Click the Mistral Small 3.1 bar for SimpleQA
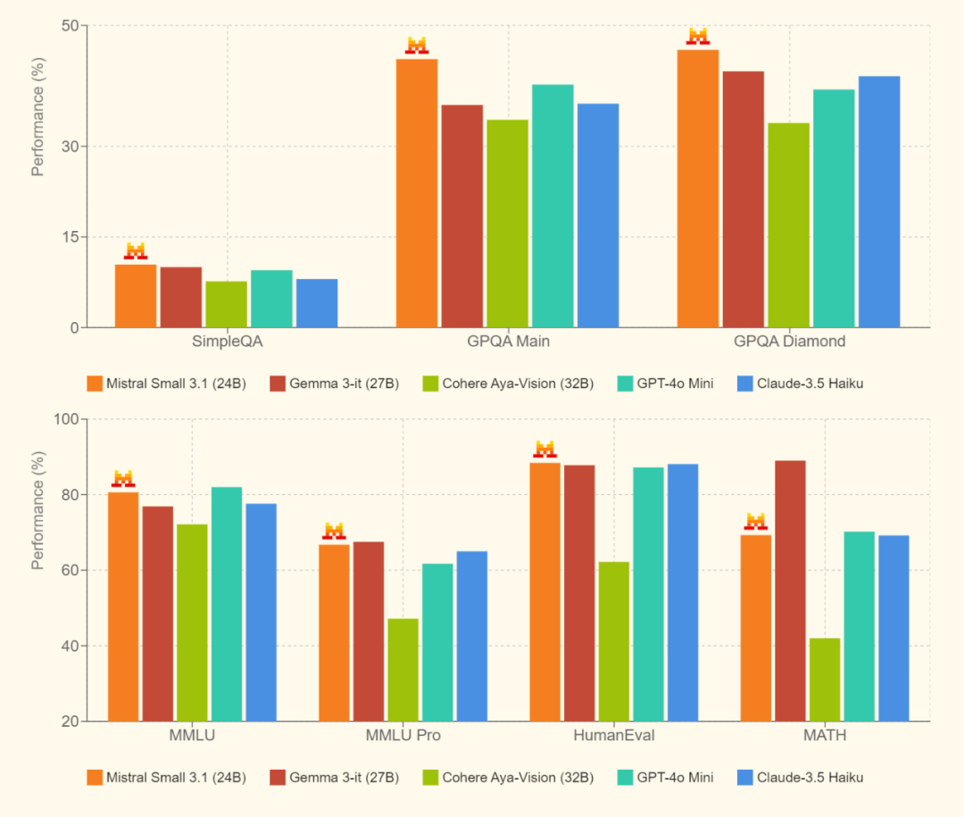136,295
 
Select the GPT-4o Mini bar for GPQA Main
553,205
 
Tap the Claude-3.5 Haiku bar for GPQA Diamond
879,201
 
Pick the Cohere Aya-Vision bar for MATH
825,680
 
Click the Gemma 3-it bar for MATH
790,590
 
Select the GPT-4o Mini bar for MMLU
227,604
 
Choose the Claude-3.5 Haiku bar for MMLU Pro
471,636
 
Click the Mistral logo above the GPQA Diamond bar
697,37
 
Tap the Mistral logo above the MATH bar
756,521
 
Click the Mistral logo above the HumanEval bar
544,449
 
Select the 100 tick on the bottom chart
67,419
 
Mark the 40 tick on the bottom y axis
71,646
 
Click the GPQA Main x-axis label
508,342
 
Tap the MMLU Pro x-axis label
403,736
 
